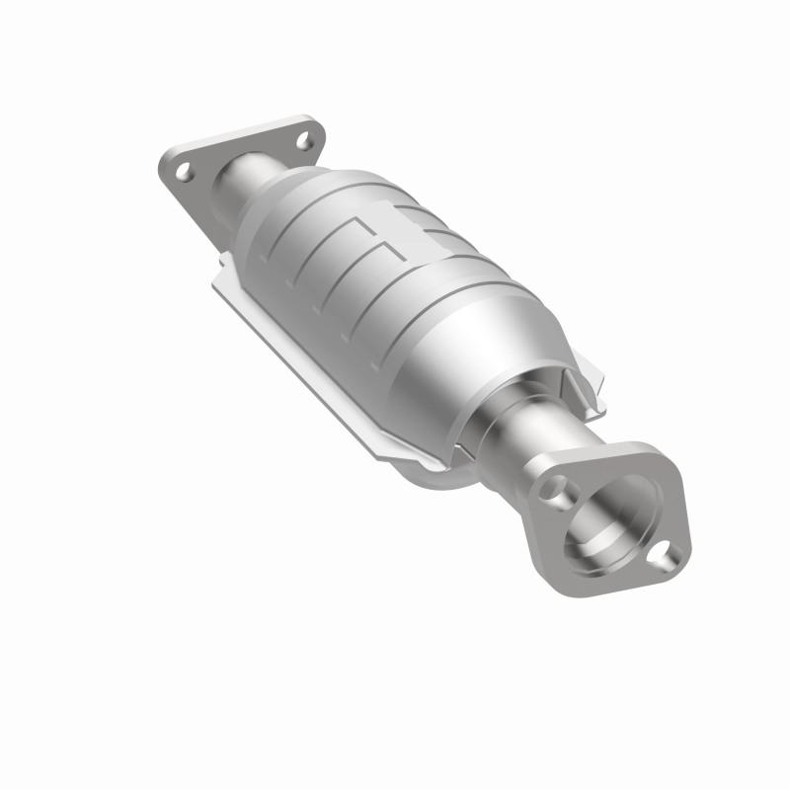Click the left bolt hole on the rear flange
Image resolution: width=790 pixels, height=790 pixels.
(x=185, y=171)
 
